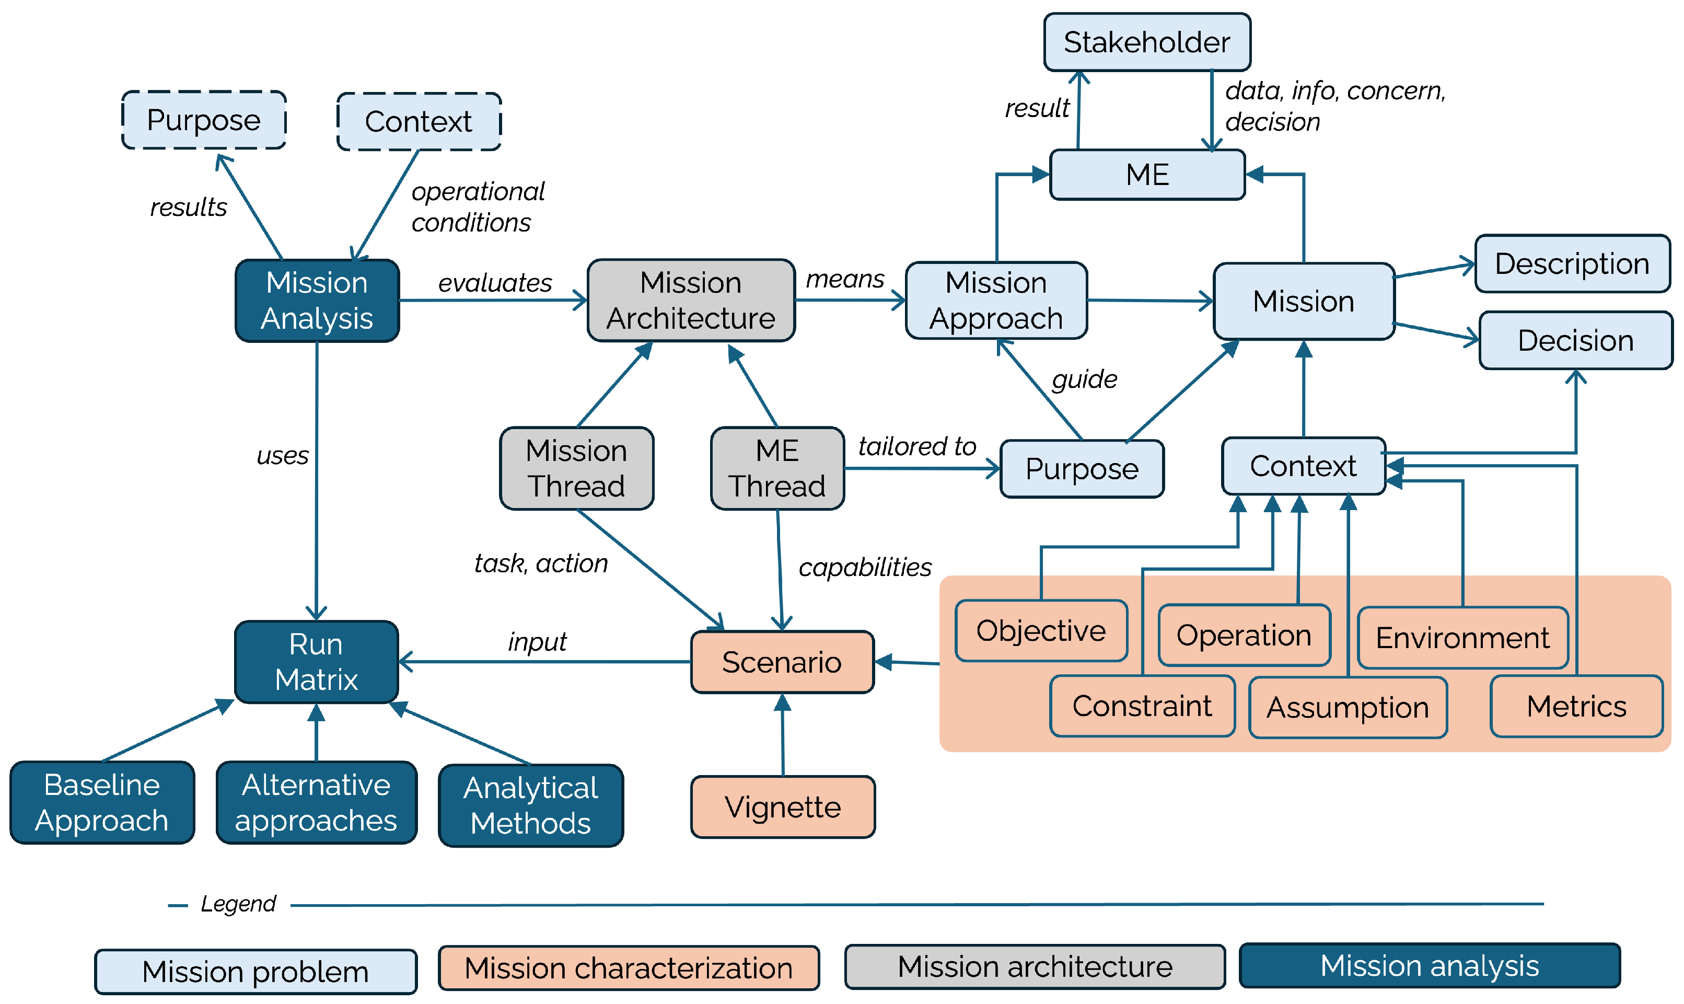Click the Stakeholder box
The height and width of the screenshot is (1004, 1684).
coord(1146,42)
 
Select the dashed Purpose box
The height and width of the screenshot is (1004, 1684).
coord(204,120)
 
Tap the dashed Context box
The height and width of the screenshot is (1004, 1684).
coord(419,122)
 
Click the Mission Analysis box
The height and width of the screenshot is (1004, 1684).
coord(317,301)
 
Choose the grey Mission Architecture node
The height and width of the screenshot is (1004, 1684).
coord(691,301)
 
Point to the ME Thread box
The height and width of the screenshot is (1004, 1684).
coord(777,468)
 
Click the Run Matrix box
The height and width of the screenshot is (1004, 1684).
coord(316,662)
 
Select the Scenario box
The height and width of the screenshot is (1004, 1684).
coord(782,662)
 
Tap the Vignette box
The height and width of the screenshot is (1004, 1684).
coord(783,806)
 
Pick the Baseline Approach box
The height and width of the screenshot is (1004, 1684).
coord(102,802)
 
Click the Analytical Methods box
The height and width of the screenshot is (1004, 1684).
coord(531,805)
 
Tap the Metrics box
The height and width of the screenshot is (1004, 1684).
coord(1576,706)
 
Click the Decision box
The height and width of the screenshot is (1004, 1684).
coord(1575,340)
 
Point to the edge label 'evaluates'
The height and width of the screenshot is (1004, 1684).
coord(495,283)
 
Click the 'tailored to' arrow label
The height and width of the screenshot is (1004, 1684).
coord(917,446)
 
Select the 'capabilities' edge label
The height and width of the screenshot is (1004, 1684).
coord(865,567)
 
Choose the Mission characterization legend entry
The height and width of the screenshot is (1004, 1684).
coord(628,968)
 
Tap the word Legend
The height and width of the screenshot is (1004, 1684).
coord(238,904)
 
